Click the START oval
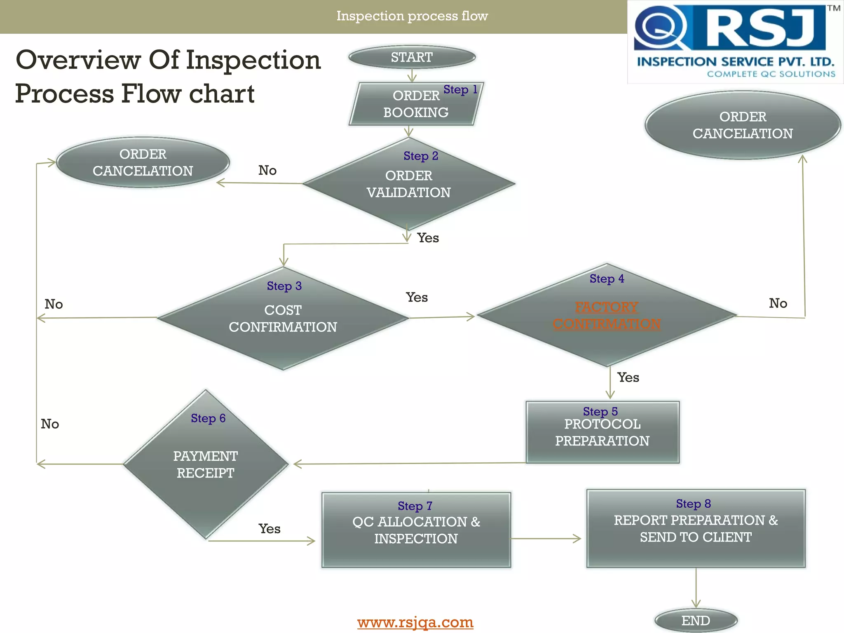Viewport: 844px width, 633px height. [x=412, y=57]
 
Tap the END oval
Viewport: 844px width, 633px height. [x=696, y=620]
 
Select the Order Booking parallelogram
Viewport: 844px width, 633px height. [x=415, y=104]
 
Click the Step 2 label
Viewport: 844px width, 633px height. [x=421, y=156]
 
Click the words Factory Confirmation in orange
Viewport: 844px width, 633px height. [x=607, y=315]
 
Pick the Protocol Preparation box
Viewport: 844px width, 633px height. [x=602, y=432]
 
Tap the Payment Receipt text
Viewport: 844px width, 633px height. [x=205, y=464]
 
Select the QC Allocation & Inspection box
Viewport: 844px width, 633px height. [x=416, y=530]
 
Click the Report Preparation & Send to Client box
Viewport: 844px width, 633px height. [x=696, y=529]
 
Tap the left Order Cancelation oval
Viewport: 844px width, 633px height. [x=143, y=162]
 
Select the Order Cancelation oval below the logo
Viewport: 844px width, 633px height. [x=743, y=125]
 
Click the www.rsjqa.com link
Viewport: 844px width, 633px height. [x=415, y=622]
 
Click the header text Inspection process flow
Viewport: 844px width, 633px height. [x=412, y=16]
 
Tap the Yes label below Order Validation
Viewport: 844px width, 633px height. [x=428, y=238]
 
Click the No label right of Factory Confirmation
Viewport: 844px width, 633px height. [x=778, y=303]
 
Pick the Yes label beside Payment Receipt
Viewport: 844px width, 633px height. [x=270, y=529]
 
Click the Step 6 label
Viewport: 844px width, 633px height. [x=208, y=418]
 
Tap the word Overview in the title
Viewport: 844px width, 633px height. [x=78, y=60]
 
